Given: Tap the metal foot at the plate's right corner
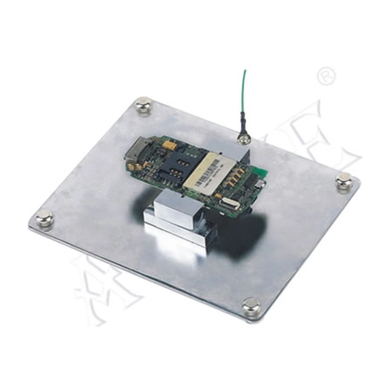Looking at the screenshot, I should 344,181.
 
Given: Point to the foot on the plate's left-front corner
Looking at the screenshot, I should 45,219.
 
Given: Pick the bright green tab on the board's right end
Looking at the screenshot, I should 260,173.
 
